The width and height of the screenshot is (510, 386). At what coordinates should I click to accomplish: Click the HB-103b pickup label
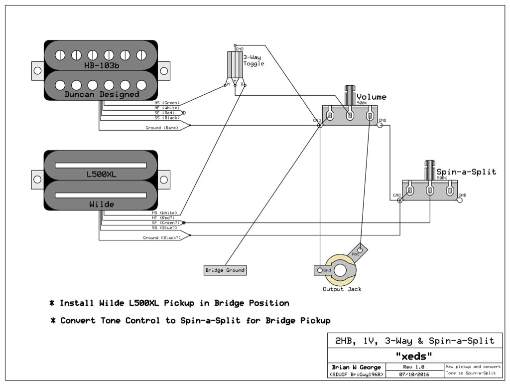(101, 65)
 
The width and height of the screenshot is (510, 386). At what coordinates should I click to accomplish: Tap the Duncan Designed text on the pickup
(101, 94)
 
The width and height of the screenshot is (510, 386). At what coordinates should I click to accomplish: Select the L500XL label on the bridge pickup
(101, 175)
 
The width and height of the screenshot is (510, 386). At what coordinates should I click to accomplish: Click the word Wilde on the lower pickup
(101, 204)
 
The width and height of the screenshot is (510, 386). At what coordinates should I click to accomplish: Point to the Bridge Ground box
(225, 270)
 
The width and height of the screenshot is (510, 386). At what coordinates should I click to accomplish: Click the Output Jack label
(342, 289)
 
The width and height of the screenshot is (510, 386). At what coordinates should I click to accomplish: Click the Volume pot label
(371, 97)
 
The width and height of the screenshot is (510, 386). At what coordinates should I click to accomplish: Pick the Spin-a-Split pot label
(466, 172)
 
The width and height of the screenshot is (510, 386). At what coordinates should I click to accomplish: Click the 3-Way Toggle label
(254, 60)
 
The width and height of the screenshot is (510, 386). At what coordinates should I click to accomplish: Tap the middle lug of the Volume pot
(350, 116)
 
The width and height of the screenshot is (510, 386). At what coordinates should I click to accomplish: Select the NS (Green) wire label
(167, 102)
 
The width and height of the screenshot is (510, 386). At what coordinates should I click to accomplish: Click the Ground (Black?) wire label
(162, 238)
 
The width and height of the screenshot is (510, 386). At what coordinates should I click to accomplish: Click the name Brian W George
(356, 367)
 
